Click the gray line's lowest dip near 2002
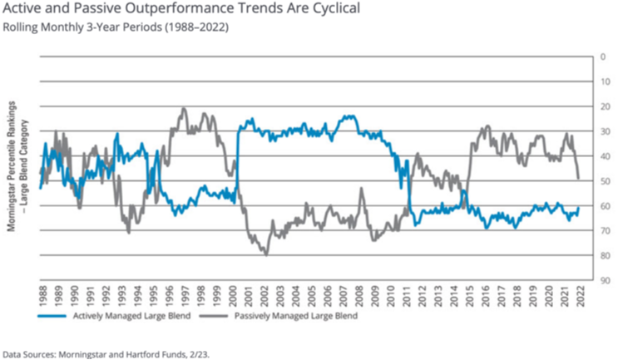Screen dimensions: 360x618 tap(266, 254)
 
